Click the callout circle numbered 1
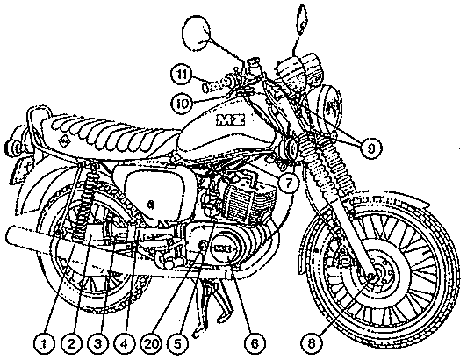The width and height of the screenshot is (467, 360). click(x=44, y=344)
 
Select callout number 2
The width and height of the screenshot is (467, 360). click(x=71, y=344)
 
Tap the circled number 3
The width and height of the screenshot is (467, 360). click(x=98, y=344)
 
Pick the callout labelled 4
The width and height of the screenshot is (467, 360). click(x=125, y=344)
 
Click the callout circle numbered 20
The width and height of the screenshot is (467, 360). click(x=151, y=344)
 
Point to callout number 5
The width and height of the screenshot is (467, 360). click(x=178, y=344)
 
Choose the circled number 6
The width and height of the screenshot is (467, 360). click(x=255, y=344)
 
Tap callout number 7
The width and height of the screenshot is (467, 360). click(x=288, y=183)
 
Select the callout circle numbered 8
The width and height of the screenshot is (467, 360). click(x=311, y=344)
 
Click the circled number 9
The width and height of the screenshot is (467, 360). click(x=370, y=148)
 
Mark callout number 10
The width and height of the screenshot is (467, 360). click(x=182, y=104)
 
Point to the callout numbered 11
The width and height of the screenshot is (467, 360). click(x=182, y=75)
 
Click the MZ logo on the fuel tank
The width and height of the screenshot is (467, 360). click(x=231, y=119)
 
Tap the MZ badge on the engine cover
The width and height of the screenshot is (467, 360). click(x=225, y=248)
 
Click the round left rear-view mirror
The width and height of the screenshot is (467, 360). click(x=197, y=32)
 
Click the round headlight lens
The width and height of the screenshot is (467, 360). click(x=331, y=109)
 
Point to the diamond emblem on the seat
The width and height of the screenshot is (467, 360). click(x=63, y=141)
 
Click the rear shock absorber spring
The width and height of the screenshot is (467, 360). click(x=85, y=202)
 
